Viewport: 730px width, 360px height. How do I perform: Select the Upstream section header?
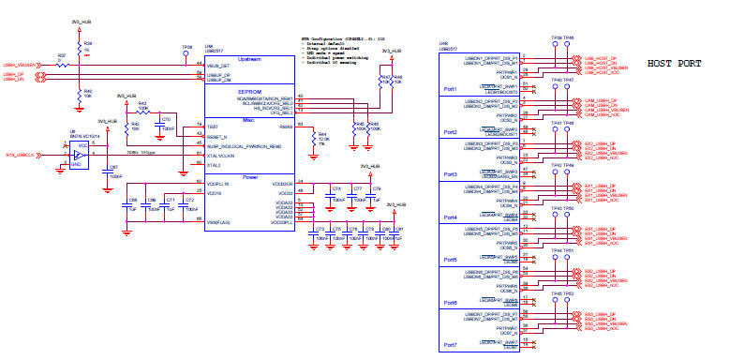pos(250,58)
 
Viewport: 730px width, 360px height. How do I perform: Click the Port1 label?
pos(450,90)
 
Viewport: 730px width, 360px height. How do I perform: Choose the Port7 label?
pos(450,345)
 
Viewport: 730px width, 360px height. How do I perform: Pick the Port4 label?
pos(450,217)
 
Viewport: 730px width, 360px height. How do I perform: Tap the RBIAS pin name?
pos(286,125)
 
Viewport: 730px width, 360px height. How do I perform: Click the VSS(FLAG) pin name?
pos(220,221)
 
